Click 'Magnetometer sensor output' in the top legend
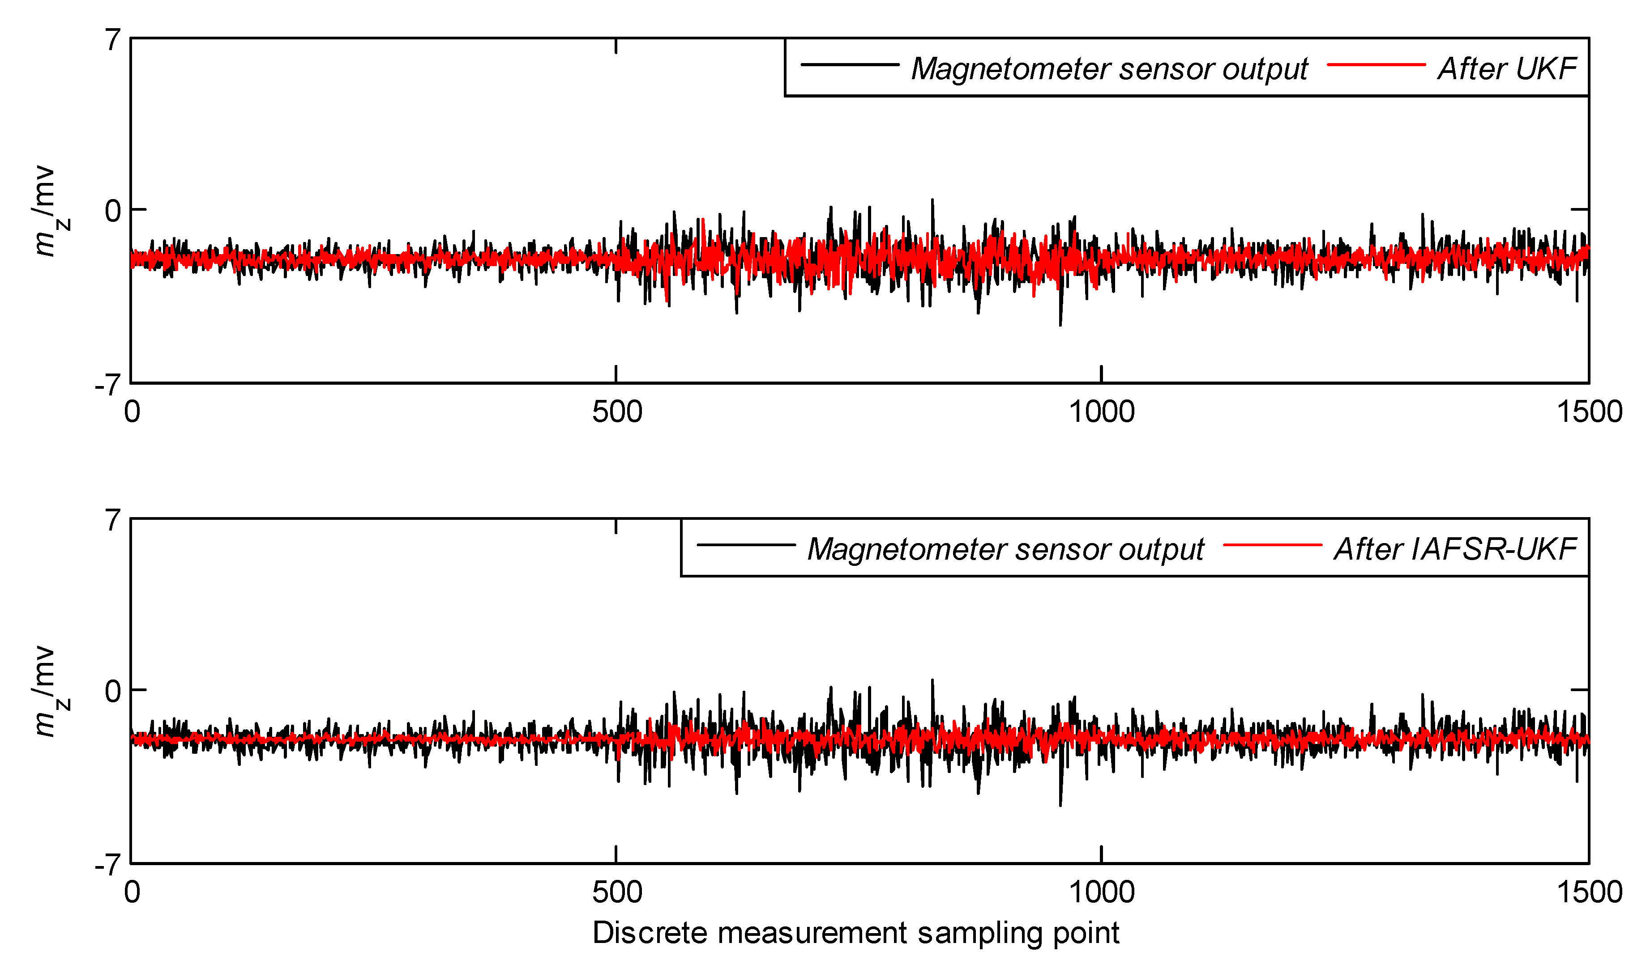[1109, 68]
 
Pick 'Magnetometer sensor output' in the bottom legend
[1005, 549]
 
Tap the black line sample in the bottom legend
[746, 545]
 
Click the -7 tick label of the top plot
[108, 385]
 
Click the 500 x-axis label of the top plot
[616, 412]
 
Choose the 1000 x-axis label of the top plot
[1101, 412]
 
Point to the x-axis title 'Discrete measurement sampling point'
[855, 933]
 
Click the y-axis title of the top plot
[47, 212]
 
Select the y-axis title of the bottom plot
[47, 692]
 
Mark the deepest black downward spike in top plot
[1060, 324]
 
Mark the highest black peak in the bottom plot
[932, 681]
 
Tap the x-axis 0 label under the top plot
[132, 412]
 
